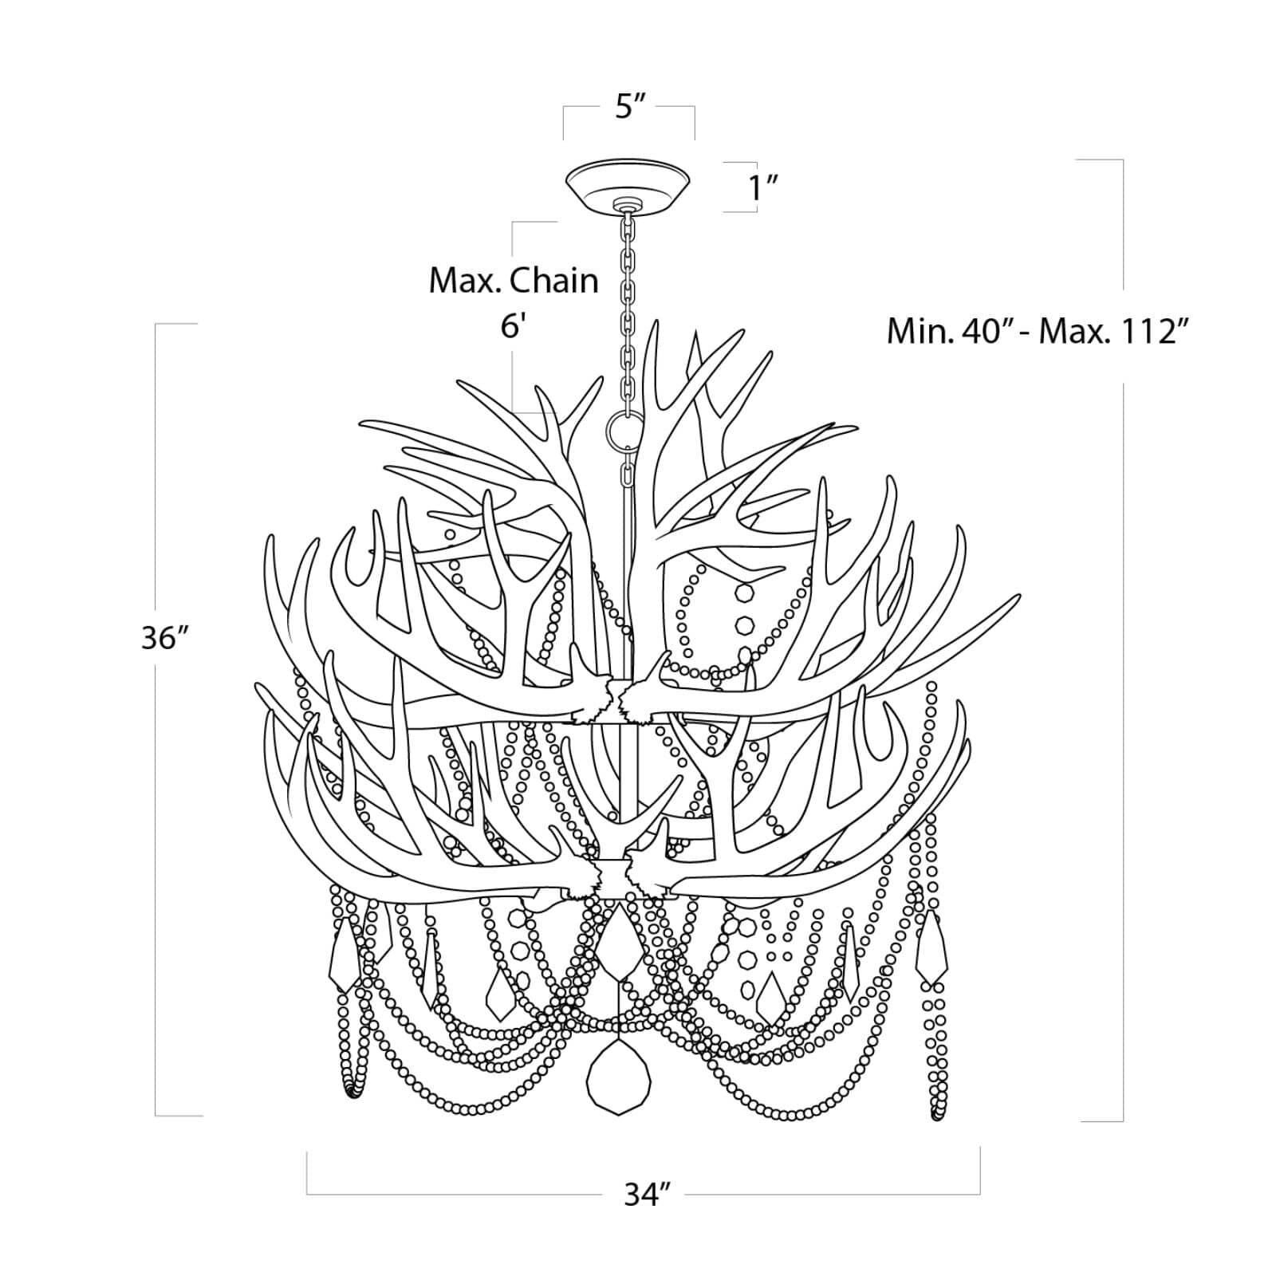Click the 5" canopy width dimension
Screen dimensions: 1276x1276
point(629,107)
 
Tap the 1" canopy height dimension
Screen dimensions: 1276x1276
point(762,189)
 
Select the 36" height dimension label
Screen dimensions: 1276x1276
point(164,638)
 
